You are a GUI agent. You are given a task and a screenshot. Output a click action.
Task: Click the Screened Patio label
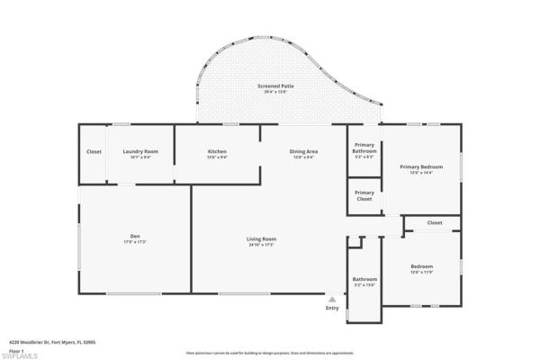[275, 86]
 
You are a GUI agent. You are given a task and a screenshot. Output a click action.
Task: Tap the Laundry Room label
[140, 151]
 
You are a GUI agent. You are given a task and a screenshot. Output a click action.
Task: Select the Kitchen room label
[217, 151]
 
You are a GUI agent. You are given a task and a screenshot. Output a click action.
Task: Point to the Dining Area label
[303, 151]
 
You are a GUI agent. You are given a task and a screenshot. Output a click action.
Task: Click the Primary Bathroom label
[364, 148]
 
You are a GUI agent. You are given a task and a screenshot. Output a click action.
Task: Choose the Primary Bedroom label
[421, 166]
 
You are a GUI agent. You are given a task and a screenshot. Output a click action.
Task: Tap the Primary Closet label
[364, 195]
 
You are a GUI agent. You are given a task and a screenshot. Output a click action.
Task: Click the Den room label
[134, 238]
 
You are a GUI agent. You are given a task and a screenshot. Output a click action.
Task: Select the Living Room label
[261, 238]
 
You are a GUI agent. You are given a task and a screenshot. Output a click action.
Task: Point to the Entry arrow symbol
[333, 299]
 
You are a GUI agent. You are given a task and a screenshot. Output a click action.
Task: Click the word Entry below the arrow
[333, 308]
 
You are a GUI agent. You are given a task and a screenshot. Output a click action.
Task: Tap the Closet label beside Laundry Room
[94, 151]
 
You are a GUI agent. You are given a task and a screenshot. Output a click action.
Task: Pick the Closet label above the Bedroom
[435, 222]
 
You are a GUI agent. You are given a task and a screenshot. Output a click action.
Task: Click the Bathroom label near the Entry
[364, 279]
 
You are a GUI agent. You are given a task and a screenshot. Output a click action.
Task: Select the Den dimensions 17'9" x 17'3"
[134, 244]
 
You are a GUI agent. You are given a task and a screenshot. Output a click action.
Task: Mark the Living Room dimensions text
[261, 245]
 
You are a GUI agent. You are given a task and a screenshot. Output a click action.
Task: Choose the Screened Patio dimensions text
[275, 93]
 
